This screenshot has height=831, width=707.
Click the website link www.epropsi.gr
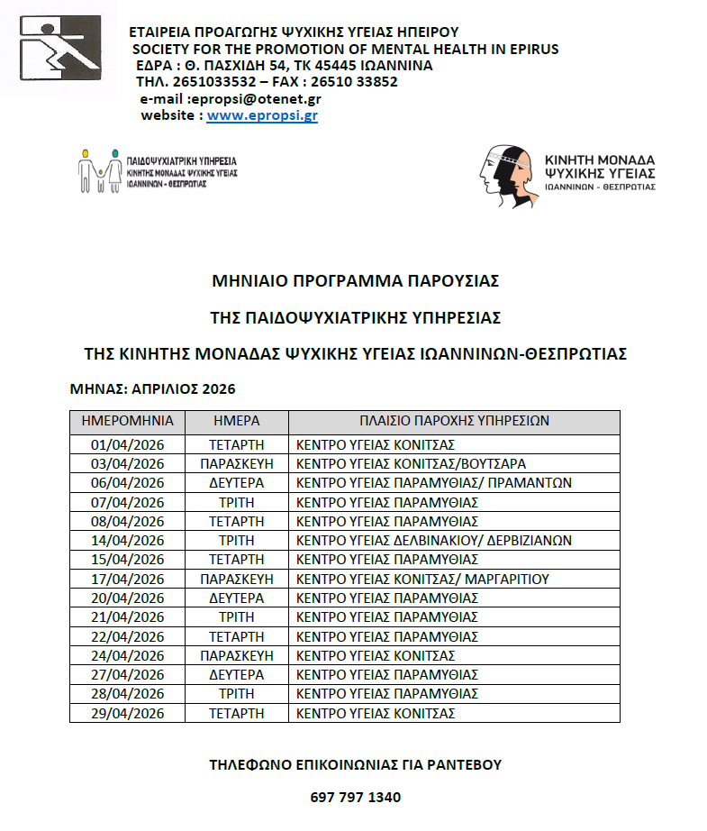(x=262, y=115)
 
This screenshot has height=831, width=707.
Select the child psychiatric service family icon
(x=99, y=168)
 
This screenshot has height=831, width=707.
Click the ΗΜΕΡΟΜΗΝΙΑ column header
(x=127, y=421)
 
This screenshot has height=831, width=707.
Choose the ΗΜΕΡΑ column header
(x=236, y=421)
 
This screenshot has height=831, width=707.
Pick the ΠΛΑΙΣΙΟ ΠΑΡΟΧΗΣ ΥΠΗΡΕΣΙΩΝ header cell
(x=454, y=421)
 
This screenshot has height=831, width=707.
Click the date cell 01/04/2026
(x=127, y=444)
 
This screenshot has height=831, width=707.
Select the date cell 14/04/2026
(x=127, y=541)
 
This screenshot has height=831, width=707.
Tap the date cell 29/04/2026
(x=127, y=713)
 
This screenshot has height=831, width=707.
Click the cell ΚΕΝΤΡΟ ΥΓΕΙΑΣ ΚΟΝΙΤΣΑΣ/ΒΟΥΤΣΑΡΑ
(x=412, y=464)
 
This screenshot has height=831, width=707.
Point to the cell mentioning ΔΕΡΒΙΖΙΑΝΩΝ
(x=434, y=541)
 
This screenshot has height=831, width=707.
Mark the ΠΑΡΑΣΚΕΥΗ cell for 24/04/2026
(x=236, y=655)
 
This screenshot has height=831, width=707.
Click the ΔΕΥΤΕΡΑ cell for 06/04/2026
(x=236, y=483)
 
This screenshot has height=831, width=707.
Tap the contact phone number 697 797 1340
(x=355, y=798)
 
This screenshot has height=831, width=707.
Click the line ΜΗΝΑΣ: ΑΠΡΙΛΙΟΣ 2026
(x=152, y=389)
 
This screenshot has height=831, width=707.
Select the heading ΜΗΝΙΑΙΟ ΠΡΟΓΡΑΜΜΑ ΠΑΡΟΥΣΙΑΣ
(x=355, y=280)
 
